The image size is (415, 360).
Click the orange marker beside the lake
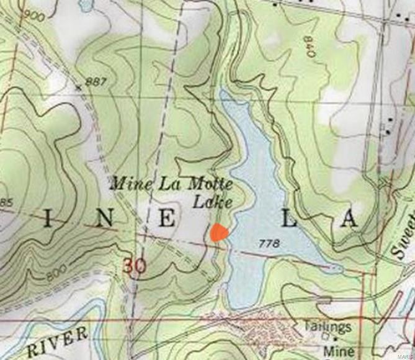(x=219, y=233)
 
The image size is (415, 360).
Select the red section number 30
(x=135, y=266)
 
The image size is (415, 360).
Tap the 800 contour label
(x=56, y=272)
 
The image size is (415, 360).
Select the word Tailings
(x=328, y=326)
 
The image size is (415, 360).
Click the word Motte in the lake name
(x=213, y=184)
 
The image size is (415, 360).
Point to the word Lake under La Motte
(x=212, y=202)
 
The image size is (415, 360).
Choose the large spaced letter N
(x=105, y=218)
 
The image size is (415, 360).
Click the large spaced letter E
(x=166, y=218)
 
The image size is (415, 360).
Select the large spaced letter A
(x=350, y=219)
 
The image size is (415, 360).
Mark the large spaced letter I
(x=48, y=218)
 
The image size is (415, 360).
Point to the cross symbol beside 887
(x=78, y=88)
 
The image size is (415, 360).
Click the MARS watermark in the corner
(x=405, y=354)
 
